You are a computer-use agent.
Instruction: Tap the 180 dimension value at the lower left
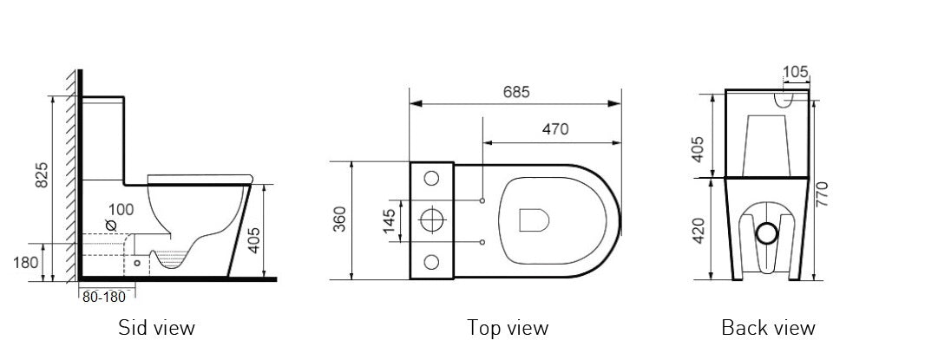point(25,262)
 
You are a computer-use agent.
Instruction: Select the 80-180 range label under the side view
point(103,297)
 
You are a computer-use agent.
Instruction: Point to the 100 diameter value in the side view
point(122,210)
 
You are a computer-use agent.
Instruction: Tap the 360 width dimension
point(339,220)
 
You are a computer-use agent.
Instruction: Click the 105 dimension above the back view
point(796,70)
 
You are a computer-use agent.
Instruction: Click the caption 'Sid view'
point(156,328)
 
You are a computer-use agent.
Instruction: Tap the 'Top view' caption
point(508,328)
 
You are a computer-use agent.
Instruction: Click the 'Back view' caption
point(768,328)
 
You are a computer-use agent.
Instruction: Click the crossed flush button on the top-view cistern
point(431,220)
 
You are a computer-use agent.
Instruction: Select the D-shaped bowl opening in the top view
point(534,220)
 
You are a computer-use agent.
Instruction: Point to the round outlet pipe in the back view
point(766,232)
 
